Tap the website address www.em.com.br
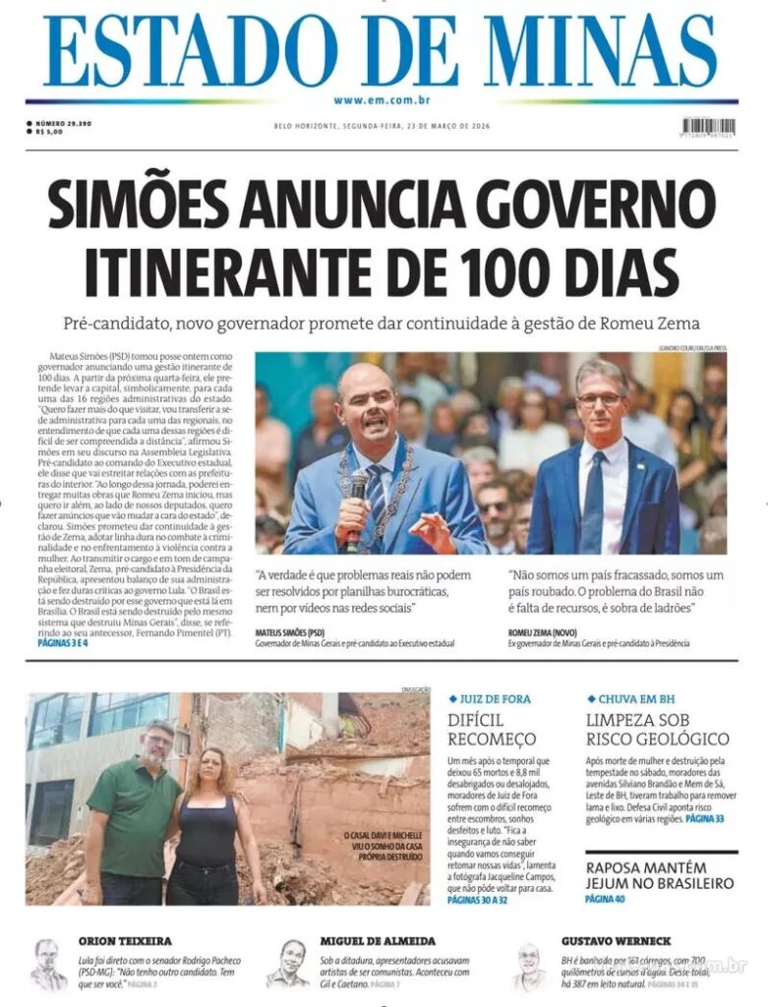383,100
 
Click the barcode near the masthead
708,127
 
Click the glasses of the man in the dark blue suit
600,400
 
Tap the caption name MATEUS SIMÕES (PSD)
290,632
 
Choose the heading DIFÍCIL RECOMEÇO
492,729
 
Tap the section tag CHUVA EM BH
631,698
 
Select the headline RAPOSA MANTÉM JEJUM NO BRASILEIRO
659,874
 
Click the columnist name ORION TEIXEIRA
124,941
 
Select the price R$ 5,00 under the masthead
50,132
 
